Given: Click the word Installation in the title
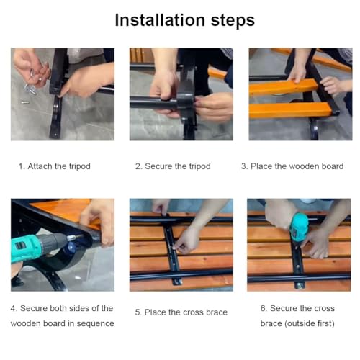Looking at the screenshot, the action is pos(160,20).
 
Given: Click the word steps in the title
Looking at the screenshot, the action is pos(233,20).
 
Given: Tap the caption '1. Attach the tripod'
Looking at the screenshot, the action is pos(55,166).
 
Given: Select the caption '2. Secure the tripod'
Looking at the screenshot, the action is pos(173,166).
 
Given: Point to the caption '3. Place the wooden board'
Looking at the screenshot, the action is pos(292,166).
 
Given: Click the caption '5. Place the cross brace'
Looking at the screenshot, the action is pos(181,312).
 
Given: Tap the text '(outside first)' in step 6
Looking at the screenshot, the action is pos(310,323).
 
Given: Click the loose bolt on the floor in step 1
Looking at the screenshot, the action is pos(24,102).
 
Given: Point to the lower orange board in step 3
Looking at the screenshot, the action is pos(290,110).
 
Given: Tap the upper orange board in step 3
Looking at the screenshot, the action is pos(283,87).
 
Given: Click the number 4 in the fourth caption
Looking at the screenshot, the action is pos(13,308).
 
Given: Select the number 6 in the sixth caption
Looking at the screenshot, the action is pos(263,308).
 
